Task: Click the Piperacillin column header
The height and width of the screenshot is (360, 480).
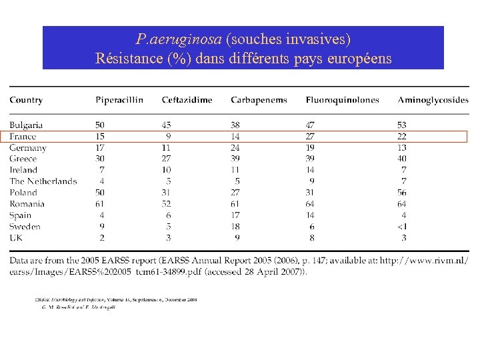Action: coord(119,100)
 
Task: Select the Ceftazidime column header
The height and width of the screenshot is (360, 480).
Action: coord(187,100)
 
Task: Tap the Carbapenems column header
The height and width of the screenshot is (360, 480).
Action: coord(259,100)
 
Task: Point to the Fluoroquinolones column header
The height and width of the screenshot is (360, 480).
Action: coord(342,100)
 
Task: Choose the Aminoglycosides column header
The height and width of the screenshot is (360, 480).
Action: coord(433,100)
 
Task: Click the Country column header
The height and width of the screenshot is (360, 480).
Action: coord(26,100)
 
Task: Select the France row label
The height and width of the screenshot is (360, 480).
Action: coord(23,137)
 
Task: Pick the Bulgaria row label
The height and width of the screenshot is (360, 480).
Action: coord(27,125)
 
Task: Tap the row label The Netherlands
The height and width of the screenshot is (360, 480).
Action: coord(43,181)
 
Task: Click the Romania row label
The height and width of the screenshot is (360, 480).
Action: coord(27,204)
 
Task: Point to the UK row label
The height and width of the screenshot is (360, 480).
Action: coord(16,238)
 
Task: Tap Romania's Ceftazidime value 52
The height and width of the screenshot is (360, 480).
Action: coord(167,204)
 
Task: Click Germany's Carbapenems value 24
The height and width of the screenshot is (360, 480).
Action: coord(235,148)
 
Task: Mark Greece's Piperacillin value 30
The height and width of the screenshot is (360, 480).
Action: coord(100,159)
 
